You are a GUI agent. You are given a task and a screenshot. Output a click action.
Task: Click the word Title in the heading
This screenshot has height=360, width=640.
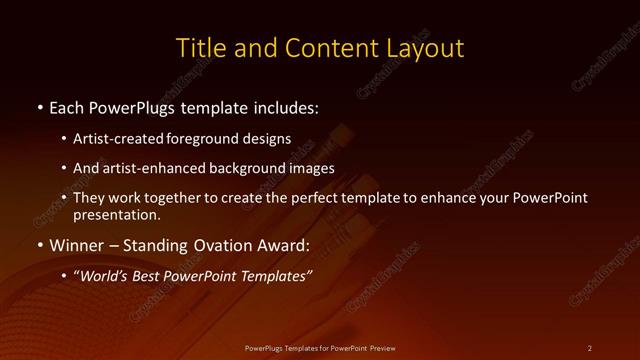pyautogui.click(x=198, y=47)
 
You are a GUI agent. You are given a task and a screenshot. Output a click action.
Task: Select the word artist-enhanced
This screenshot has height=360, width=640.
pyautogui.click(x=149, y=168)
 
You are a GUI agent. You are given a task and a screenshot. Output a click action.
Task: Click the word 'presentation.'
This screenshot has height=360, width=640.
pyautogui.click(x=116, y=214)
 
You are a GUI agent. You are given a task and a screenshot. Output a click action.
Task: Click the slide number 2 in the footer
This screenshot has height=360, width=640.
pyautogui.click(x=590, y=347)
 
